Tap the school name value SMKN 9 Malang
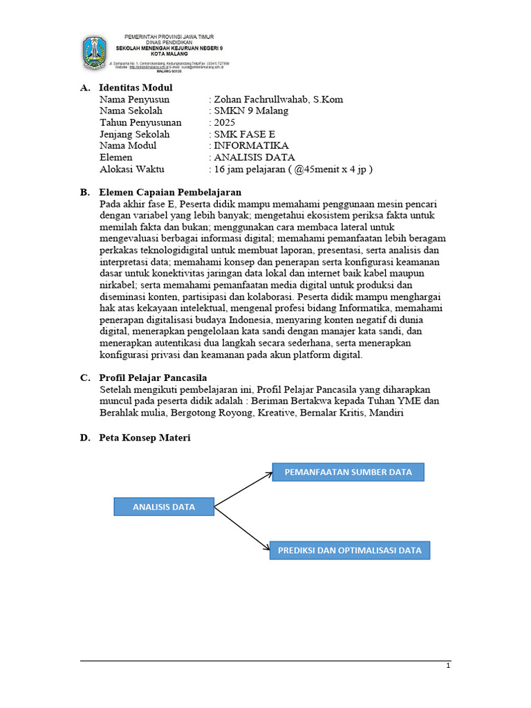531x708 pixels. tap(251, 111)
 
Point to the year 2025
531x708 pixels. tap(225, 122)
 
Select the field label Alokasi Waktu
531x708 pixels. tap(132, 169)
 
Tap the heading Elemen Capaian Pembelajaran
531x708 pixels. tap(170, 192)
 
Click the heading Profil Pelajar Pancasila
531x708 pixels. tap(153, 378)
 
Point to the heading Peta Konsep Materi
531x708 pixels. tap(145, 438)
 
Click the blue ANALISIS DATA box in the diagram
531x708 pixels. tap(164, 507)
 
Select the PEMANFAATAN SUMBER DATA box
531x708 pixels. tap(348, 472)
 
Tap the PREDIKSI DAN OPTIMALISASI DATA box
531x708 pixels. tap(349, 550)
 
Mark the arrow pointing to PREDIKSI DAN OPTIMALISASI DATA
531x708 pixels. tap(242, 529)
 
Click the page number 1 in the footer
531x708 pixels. tap(448, 666)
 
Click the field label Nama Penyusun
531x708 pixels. tap(134, 100)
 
